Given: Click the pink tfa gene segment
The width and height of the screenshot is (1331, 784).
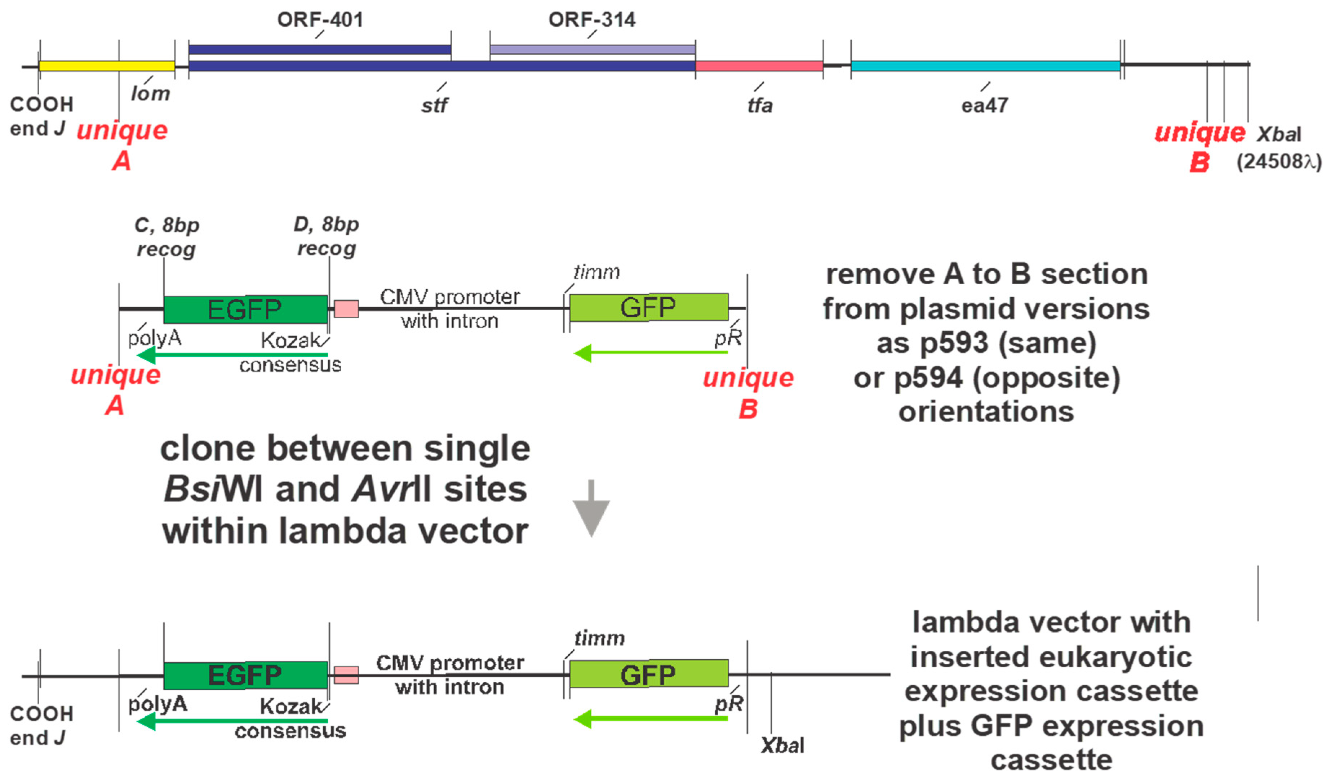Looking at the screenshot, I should tap(759, 66).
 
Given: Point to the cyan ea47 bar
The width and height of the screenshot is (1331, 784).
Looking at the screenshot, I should tap(985, 66).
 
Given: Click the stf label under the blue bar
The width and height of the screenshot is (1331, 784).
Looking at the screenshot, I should tap(434, 106).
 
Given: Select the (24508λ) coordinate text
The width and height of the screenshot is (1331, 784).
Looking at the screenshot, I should tap(1279, 161).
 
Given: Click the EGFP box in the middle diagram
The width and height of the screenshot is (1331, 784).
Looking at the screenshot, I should tap(245, 309).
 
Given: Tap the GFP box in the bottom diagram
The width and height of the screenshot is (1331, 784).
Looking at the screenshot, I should tap(648, 674).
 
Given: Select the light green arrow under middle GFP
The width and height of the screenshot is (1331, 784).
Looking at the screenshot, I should tap(650, 352).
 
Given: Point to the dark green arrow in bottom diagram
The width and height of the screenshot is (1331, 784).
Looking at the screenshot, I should tap(232, 721).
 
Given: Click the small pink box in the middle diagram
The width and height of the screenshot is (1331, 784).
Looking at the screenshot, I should tap(346, 309).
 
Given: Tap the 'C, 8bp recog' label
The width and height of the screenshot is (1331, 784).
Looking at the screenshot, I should tap(167, 237).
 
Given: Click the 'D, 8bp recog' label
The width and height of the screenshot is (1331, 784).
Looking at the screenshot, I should tap(326, 236).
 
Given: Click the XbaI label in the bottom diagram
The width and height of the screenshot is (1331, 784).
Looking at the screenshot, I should tap(782, 745).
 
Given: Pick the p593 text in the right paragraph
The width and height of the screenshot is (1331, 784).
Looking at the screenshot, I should tap(954, 343).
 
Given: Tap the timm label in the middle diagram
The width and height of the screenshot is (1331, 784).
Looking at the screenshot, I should tap(596, 272).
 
